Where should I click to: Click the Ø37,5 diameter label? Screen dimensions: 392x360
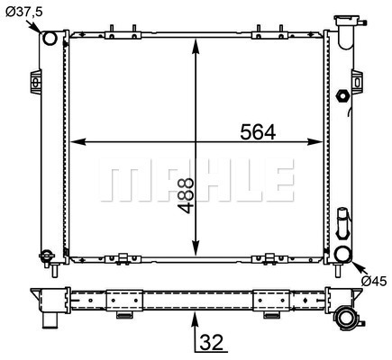point(24,12)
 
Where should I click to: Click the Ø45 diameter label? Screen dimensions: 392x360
point(374,281)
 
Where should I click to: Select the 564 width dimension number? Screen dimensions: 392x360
point(258,132)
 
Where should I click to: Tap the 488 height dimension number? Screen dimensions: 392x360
point(185,195)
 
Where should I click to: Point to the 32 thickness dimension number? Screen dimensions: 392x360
point(212,342)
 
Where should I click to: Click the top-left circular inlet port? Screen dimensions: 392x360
point(50,39)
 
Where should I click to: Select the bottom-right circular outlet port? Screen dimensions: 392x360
point(343,254)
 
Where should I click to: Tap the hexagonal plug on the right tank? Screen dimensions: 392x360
point(342,96)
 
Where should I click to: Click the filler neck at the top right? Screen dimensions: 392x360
point(348,31)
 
